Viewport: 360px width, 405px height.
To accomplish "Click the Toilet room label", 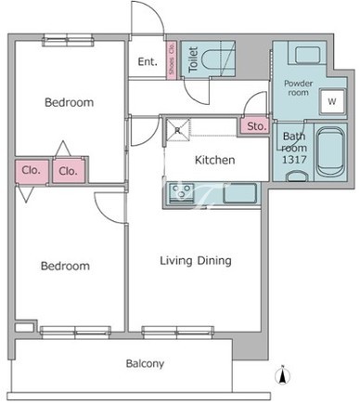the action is (193, 59).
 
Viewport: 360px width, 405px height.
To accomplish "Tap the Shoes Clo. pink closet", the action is (172, 60).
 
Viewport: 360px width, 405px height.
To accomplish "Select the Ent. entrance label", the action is (148, 62).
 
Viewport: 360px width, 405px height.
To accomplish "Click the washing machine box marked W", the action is (332, 101).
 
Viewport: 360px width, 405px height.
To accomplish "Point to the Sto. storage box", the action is (256, 126).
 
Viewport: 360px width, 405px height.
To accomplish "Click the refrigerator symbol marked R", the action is (177, 130).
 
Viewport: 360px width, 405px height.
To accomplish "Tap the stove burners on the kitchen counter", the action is (181, 193).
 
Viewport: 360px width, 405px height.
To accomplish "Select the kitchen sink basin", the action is (239, 193).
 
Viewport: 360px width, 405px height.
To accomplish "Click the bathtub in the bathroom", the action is (331, 152).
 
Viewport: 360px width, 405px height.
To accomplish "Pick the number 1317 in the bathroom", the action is (294, 160).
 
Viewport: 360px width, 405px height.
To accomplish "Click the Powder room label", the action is (299, 88).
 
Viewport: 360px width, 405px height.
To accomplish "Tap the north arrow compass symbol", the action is (283, 376).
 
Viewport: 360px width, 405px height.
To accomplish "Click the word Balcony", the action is (145, 363).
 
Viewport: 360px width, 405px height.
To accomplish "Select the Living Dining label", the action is (196, 261).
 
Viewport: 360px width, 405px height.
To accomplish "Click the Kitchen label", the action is (215, 160).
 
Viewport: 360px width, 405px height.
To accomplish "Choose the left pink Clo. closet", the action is (32, 171).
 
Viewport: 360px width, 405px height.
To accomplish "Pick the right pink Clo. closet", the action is (69, 171).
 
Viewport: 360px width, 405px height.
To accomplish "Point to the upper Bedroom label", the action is (70, 102).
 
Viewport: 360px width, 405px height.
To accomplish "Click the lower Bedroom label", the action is (65, 266).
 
